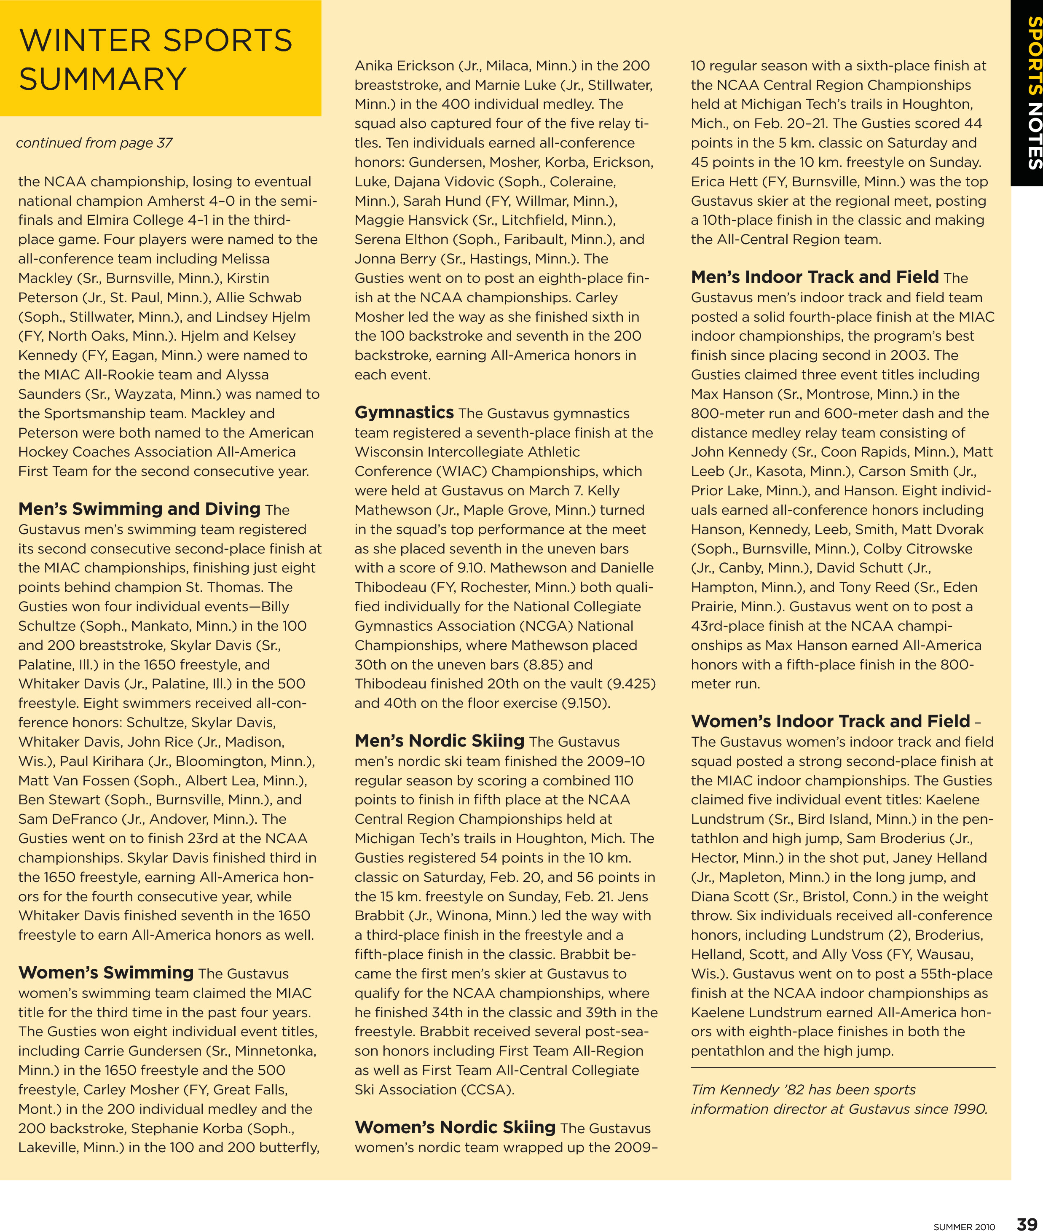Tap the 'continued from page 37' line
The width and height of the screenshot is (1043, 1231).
[x=94, y=142]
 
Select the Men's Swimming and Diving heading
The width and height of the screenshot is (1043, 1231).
[x=139, y=509]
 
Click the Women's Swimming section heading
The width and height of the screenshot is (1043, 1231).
[x=106, y=973]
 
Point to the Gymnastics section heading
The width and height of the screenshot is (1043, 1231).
[x=404, y=412]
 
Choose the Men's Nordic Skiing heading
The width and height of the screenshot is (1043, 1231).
[x=439, y=741]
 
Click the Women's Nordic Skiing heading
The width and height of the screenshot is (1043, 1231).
[x=455, y=1127]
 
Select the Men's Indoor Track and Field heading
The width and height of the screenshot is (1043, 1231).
[x=814, y=277]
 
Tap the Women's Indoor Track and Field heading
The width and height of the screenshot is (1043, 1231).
[x=830, y=721]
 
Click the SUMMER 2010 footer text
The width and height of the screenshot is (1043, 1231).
[x=964, y=1222]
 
